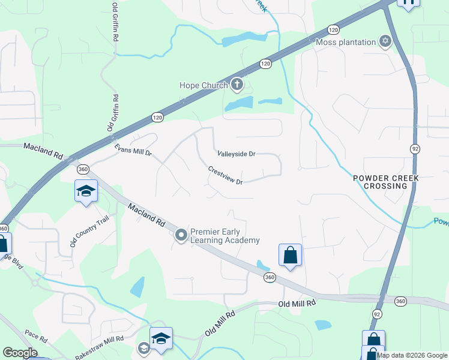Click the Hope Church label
[x=203, y=85]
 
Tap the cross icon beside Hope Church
[x=237, y=85]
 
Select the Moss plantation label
[x=345, y=42]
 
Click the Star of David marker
[x=385, y=41]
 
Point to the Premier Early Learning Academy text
[x=225, y=236]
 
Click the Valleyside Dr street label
[x=237, y=154]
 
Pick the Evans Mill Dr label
[x=133, y=149]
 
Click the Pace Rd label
[x=36, y=334]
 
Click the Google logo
[x=20, y=353]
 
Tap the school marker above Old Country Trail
[x=86, y=192]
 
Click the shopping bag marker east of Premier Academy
[x=291, y=255]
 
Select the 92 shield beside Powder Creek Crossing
[x=415, y=148]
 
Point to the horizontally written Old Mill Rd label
[x=297, y=304]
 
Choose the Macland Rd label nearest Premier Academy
[x=146, y=214]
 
